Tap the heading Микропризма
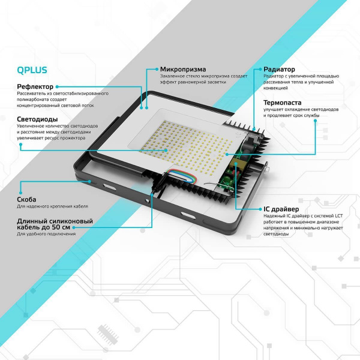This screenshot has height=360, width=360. [184, 70]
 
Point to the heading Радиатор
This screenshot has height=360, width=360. [279, 70]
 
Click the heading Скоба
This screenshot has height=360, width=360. [27, 199]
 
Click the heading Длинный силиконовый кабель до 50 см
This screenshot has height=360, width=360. [55, 225]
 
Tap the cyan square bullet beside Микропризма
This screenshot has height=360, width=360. [156, 70]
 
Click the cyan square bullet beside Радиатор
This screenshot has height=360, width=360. [259, 70]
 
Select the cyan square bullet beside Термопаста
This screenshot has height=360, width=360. [259, 103]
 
